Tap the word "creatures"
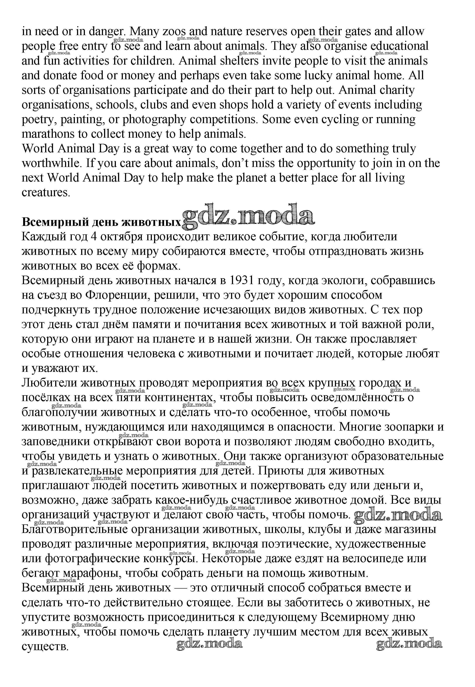coord(46,192)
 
